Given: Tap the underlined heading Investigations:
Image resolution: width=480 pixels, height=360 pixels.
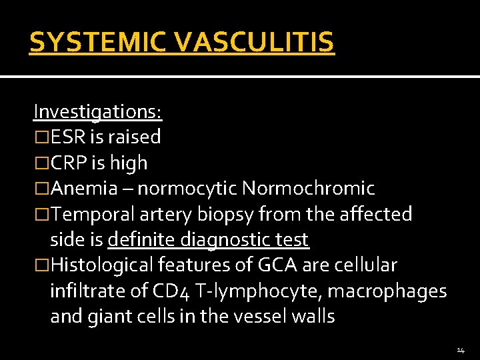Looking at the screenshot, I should (98, 111).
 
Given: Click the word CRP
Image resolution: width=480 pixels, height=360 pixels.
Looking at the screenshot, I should (67, 163).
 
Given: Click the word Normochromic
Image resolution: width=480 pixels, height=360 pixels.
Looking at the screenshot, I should (308, 189).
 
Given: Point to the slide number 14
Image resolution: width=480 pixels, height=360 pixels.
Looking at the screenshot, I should (461, 350).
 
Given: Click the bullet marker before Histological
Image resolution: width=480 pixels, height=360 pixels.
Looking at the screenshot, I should (42, 265).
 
